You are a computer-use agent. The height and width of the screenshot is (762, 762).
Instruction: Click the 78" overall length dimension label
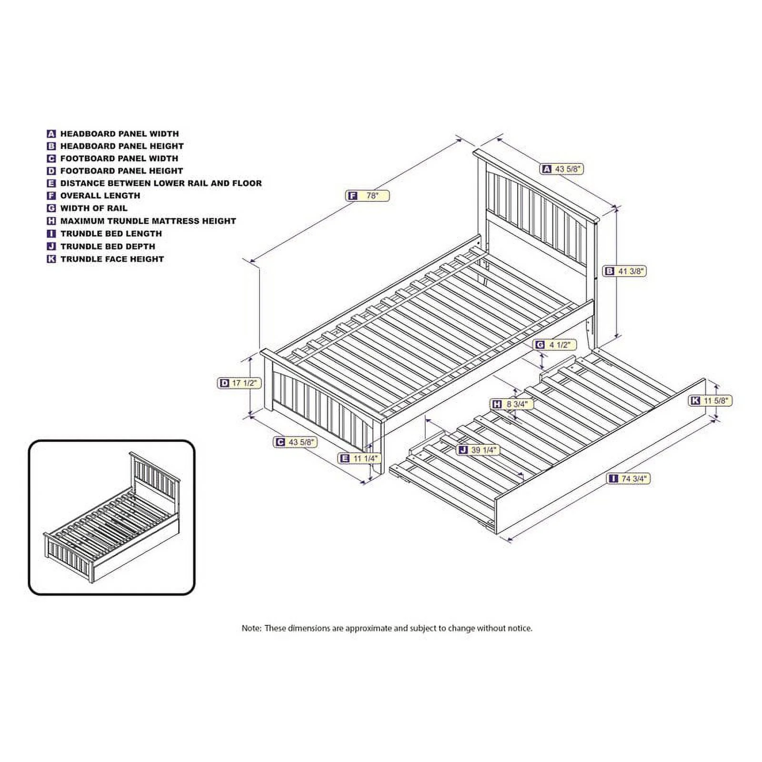pos(368,195)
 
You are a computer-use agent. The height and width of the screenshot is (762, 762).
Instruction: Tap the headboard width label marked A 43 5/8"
pos(562,169)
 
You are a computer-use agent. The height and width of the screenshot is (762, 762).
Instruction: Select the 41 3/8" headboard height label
pos(625,271)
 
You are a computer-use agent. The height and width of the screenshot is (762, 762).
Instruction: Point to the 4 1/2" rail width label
pos(555,345)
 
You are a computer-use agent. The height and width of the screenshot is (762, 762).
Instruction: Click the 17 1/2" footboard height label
pos(240,383)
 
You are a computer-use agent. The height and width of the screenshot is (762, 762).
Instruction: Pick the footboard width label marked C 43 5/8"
pos(295,442)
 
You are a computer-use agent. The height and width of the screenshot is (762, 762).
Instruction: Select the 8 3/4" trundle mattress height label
pos(512,404)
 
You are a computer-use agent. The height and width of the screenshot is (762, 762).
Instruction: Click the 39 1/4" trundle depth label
pos(478,450)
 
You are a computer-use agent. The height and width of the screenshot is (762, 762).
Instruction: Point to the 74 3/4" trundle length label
pos(629,478)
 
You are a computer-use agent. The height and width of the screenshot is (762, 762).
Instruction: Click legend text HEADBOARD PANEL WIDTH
pos(120,134)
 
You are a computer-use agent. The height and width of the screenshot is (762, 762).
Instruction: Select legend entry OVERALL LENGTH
pos(100,195)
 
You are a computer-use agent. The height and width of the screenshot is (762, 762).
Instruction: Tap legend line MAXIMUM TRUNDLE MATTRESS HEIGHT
pos(148,221)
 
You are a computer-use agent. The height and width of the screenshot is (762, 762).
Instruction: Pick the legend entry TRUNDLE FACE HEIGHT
pos(112,259)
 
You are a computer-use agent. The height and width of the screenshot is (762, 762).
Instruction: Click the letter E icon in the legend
pos(51,183)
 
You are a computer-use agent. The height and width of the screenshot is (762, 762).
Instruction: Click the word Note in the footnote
pos(251,628)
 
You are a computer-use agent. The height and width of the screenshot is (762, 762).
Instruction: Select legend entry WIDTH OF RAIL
pos(94,208)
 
